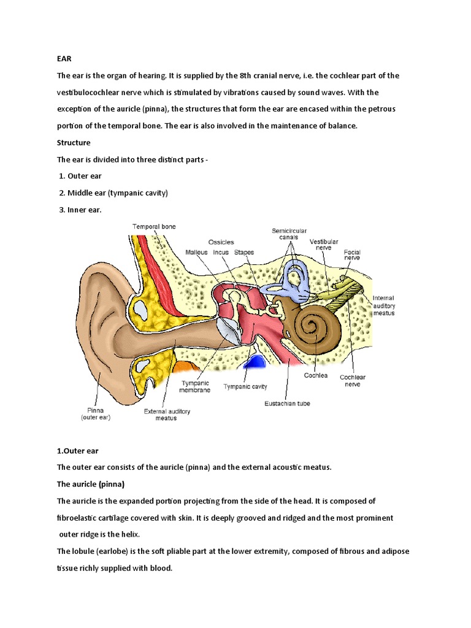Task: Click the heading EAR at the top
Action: coord(64,59)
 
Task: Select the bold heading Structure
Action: coord(74,142)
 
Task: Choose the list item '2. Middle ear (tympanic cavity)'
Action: coord(113,193)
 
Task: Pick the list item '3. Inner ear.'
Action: coord(80,209)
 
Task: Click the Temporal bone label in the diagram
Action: coord(154,226)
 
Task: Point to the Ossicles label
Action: coord(221,242)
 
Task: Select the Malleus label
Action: coord(196,252)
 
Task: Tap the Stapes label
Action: coord(243,252)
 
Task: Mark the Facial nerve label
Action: coord(352,255)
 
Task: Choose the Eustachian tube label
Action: coord(287,404)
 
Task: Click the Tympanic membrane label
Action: coord(195,386)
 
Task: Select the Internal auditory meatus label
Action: coord(384,305)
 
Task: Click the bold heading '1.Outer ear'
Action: coord(77,451)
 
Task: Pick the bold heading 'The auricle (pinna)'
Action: coord(90,484)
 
